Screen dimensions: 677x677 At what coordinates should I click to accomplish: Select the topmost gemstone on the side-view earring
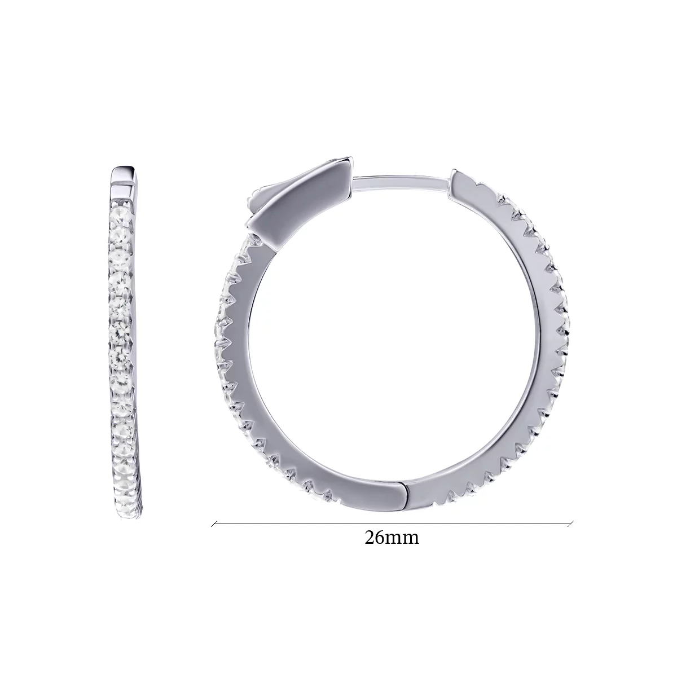tap(122, 214)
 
